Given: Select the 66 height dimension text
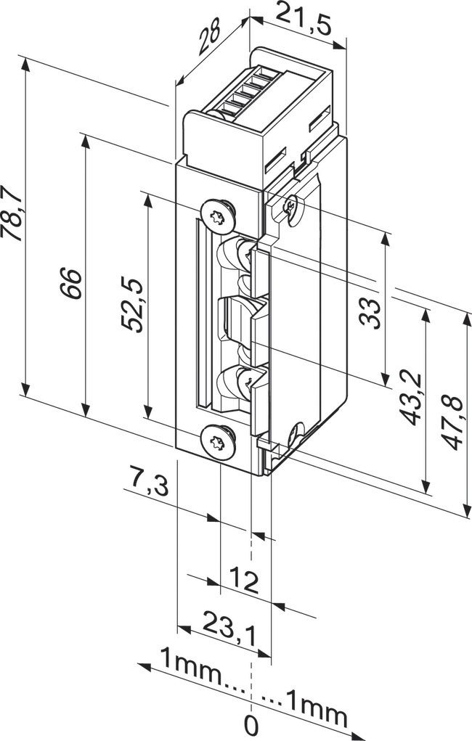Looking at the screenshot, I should [70, 281].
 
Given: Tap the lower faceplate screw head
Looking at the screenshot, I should [218, 440].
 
